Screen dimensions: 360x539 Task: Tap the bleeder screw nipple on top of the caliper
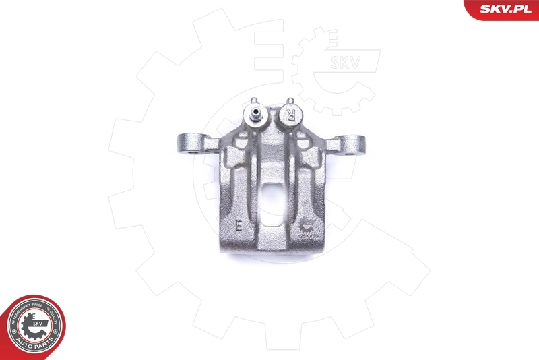pyautogui.click(x=256, y=114)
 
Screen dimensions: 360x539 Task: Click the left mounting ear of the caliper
pyautogui.click(x=188, y=144)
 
